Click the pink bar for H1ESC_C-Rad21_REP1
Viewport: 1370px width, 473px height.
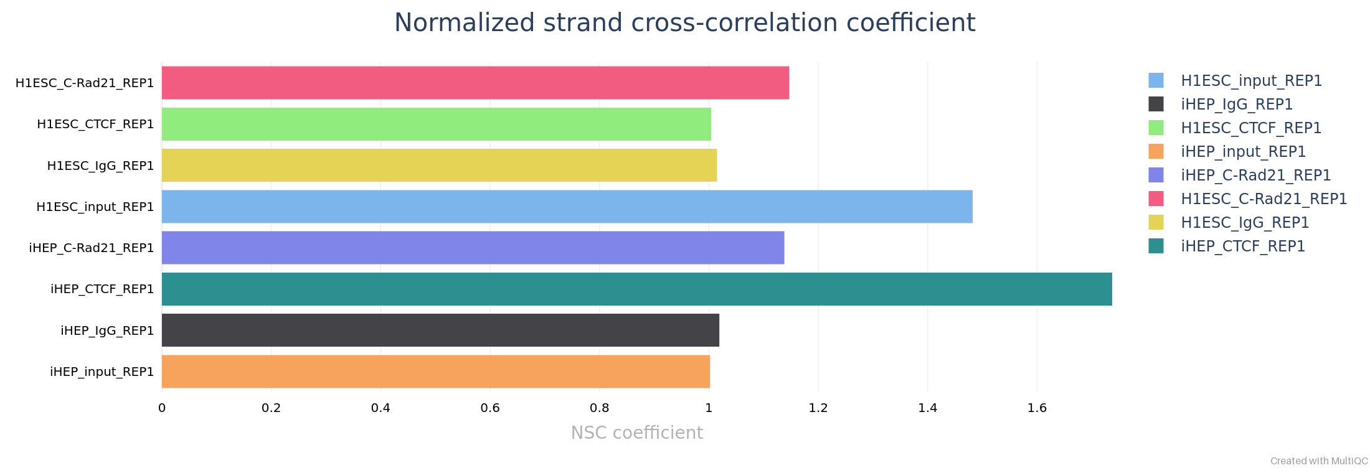click(x=475, y=83)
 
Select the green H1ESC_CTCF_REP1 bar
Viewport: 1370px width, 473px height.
click(x=436, y=124)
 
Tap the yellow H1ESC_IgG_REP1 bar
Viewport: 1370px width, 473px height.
click(x=439, y=165)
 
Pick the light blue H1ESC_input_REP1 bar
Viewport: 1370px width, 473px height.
click(x=567, y=207)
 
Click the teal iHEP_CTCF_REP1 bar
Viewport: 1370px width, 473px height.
click(x=636, y=289)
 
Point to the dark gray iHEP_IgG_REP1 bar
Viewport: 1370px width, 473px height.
click(x=440, y=330)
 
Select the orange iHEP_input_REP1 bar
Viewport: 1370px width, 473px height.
click(x=436, y=372)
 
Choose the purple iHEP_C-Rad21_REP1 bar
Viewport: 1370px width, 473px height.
click(x=473, y=248)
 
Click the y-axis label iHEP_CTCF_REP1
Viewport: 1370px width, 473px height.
click(x=102, y=289)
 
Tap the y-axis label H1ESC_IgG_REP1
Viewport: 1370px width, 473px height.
click(x=100, y=166)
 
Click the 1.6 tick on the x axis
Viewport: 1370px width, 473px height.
click(x=1037, y=408)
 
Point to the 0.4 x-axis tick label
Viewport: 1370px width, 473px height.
click(x=380, y=408)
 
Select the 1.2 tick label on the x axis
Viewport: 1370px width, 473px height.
click(x=818, y=408)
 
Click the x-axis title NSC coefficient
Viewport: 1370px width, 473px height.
click(x=636, y=433)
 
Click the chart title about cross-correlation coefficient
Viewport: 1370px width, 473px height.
click(x=684, y=23)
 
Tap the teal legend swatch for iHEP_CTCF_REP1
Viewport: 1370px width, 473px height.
click(x=1156, y=246)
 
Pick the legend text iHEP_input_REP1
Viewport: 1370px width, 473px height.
click(x=1243, y=152)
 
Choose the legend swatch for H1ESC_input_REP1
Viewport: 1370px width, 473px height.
click(x=1156, y=80)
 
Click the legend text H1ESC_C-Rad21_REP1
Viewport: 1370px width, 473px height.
click(x=1264, y=199)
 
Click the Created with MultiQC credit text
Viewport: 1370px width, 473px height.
click(x=1319, y=461)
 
